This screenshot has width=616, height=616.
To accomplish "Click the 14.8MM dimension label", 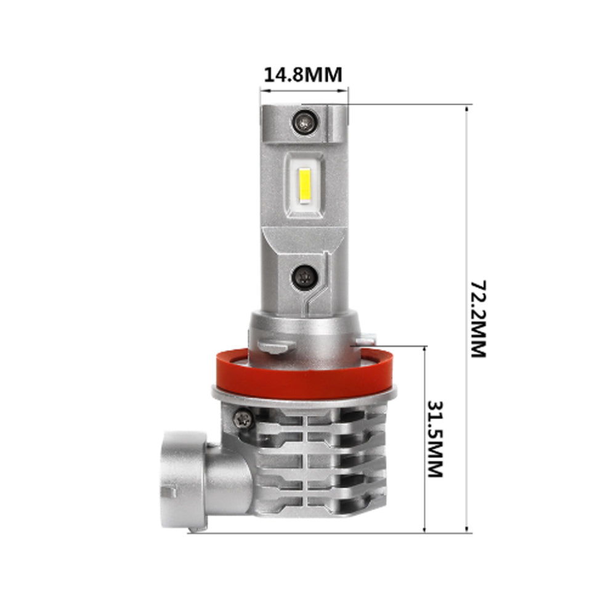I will (x=302, y=75).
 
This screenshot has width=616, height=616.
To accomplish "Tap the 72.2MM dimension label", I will (x=478, y=318).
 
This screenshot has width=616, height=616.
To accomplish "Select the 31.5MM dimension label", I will (x=435, y=439).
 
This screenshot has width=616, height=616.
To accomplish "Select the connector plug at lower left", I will (x=185, y=480).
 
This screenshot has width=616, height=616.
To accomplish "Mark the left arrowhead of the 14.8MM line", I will (x=263, y=90).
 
